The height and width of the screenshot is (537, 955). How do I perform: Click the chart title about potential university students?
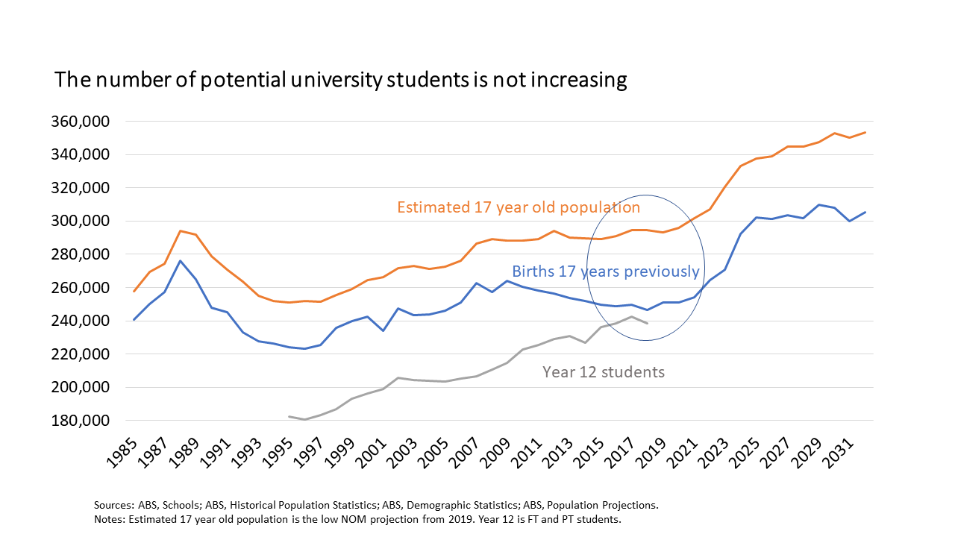tap(340, 80)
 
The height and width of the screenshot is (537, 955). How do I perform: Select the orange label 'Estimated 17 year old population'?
tap(519, 207)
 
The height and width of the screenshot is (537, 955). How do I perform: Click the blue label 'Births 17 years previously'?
tap(605, 271)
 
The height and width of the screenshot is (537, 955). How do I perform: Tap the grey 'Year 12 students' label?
tap(603, 371)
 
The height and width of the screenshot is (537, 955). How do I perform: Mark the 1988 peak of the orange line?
tap(181, 230)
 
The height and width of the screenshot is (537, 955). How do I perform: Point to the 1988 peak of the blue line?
tap(181, 260)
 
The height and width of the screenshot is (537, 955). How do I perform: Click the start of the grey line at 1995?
tap(288, 416)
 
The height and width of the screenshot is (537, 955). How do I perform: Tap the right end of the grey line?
tap(647, 323)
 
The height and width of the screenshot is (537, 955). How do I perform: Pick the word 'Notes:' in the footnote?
tap(110, 518)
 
